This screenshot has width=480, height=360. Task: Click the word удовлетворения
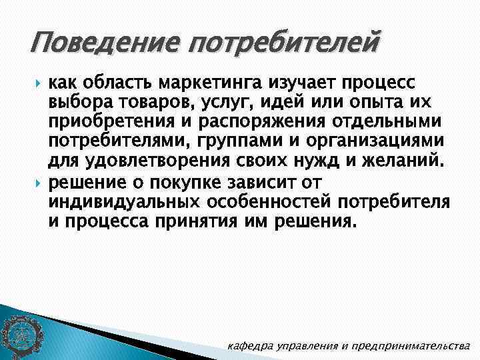(142, 162)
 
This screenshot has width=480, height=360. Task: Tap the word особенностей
(290, 201)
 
